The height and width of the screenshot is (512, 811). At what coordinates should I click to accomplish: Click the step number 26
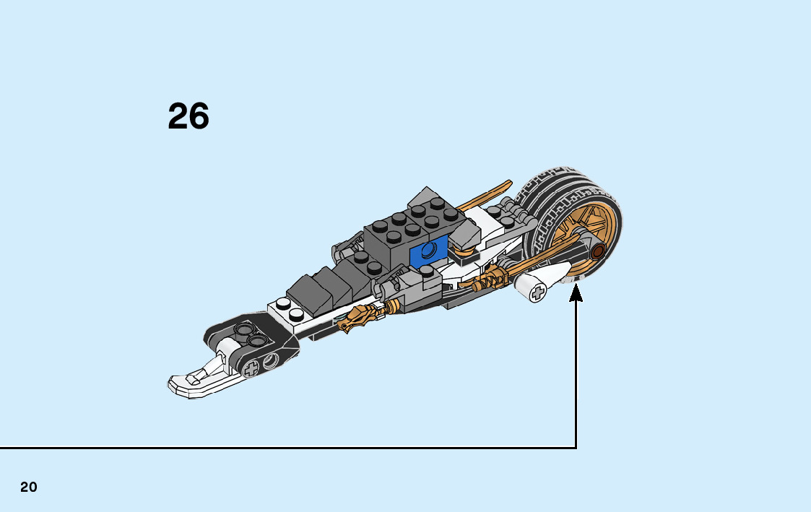[188, 116]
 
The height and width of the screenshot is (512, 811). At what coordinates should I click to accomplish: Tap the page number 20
[29, 487]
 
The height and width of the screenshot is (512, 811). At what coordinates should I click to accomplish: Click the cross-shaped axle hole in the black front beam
[251, 369]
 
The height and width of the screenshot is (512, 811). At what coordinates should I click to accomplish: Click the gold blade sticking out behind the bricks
[480, 194]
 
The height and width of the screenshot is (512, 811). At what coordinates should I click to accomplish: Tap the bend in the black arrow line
[576, 448]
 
